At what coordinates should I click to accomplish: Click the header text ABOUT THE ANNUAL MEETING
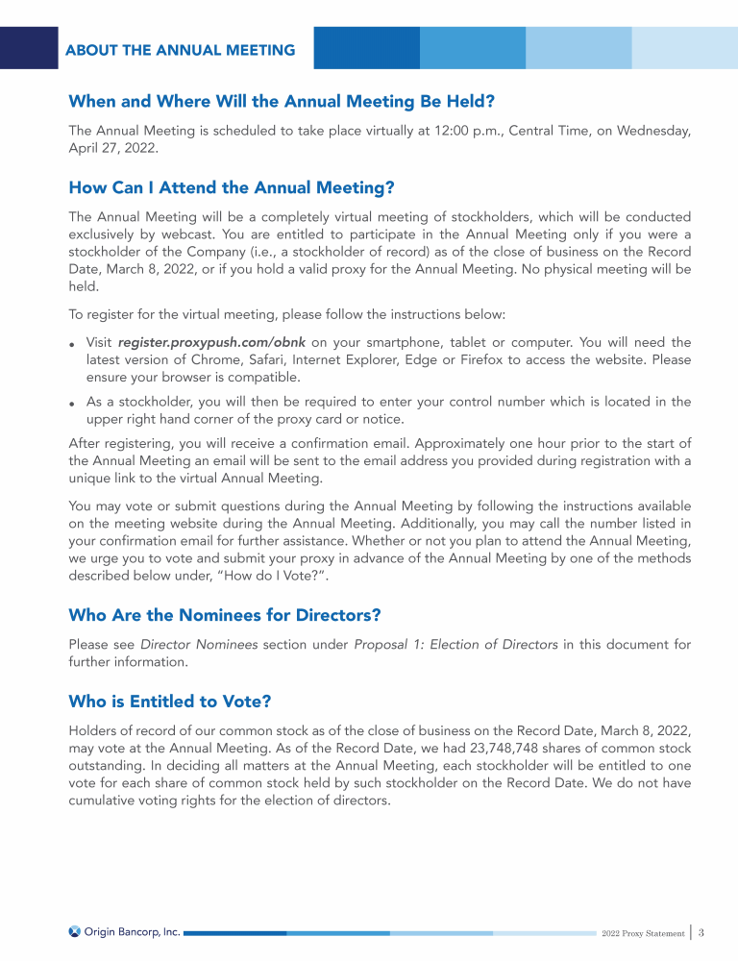click(x=180, y=50)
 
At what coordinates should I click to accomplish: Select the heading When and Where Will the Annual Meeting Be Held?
click(x=282, y=101)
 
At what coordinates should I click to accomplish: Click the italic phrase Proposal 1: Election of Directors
click(x=456, y=644)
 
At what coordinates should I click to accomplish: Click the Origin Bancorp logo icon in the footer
click(x=75, y=931)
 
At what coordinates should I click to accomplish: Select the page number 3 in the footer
click(x=702, y=932)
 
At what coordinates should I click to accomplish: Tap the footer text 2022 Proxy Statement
click(x=643, y=933)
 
